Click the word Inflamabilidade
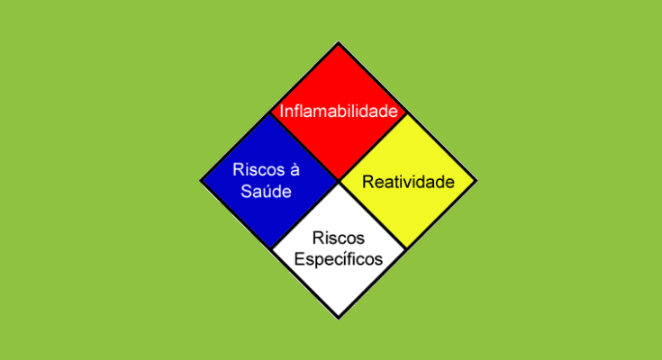click(339, 112)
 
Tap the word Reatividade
click(408, 182)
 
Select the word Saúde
click(266, 192)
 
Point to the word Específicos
click(338, 259)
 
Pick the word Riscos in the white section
click(338, 238)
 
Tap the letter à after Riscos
click(295, 170)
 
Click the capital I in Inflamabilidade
click(282, 112)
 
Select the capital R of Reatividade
click(367, 182)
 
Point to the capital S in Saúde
click(246, 192)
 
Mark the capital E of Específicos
click(299, 258)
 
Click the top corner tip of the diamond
click(339, 41)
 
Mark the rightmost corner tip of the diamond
click(477, 181)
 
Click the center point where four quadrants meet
click(339, 181)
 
